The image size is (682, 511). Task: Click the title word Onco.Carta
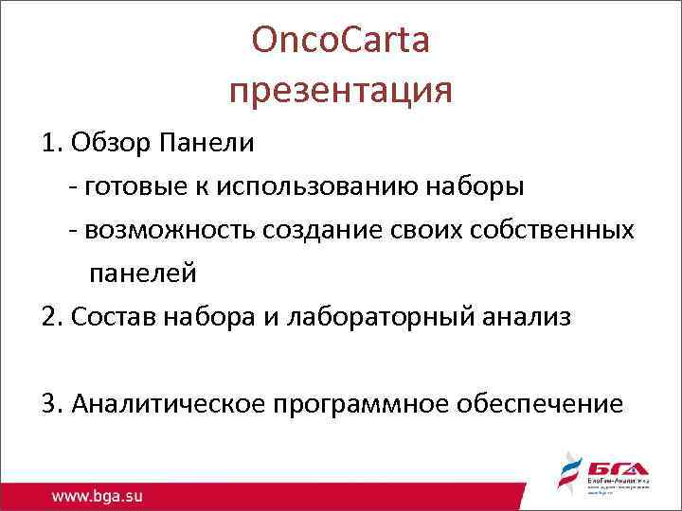coord(341,41)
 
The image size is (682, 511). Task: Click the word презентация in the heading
coord(341,92)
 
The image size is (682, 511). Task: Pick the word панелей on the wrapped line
coord(143,273)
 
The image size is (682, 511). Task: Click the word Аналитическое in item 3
coord(169,404)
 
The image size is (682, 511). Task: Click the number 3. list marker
coord(51,404)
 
